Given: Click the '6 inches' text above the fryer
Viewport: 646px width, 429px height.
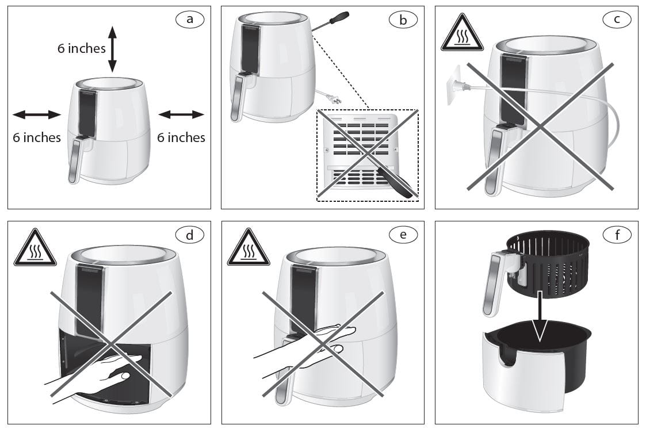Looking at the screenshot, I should pyautogui.click(x=81, y=48).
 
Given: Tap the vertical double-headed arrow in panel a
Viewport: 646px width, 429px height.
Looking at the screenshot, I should pyautogui.click(x=112, y=48).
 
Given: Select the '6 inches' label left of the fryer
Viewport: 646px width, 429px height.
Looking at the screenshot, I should pyautogui.click(x=37, y=137).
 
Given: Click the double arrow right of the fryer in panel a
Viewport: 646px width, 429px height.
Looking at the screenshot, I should pyautogui.click(x=181, y=114).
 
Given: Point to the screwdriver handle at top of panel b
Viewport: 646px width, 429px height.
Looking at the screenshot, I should pyautogui.click(x=339, y=19).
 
